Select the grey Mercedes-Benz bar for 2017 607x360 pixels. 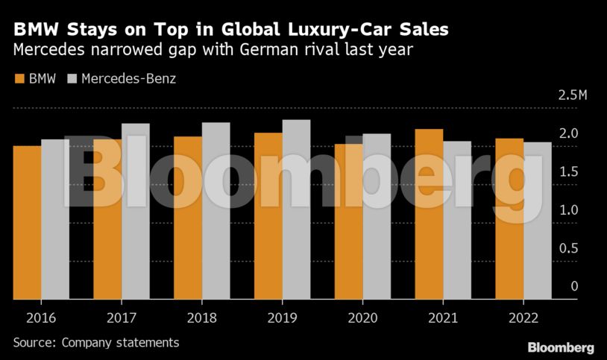point(136,212)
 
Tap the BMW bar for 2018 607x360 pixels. point(188,218)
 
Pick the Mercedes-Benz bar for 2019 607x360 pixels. point(297,209)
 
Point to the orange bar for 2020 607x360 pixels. point(349,221)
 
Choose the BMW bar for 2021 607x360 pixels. point(430,214)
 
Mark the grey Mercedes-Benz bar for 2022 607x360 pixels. point(538,221)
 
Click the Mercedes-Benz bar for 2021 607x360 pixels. point(457,220)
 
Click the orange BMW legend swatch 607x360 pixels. point(19,78)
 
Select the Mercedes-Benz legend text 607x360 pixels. point(128,78)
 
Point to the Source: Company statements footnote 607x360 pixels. point(96,342)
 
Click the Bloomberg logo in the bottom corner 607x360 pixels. point(560,347)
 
